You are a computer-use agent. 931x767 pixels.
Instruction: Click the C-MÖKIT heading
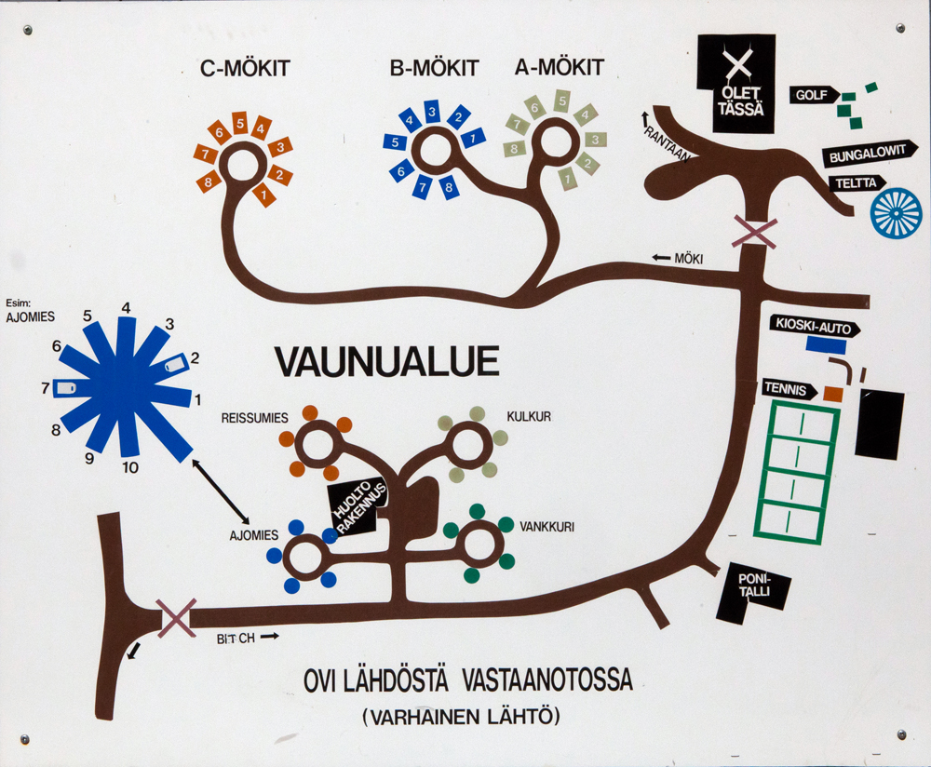click(246, 68)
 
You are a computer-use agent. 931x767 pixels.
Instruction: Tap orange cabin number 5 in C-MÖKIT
click(239, 122)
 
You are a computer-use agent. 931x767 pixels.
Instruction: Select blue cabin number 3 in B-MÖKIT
click(432, 113)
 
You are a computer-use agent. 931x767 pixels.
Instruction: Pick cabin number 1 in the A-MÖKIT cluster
click(565, 176)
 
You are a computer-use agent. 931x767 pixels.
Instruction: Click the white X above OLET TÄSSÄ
click(737, 66)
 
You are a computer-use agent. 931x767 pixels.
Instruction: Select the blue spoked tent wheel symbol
click(896, 212)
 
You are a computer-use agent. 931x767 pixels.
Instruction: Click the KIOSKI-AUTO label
click(811, 327)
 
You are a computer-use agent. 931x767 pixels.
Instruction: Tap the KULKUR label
click(528, 416)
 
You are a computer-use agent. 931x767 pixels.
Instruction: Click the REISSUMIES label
click(255, 417)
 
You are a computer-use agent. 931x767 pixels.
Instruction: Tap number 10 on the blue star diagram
click(129, 468)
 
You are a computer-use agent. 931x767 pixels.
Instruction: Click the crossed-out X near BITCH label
click(176, 617)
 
